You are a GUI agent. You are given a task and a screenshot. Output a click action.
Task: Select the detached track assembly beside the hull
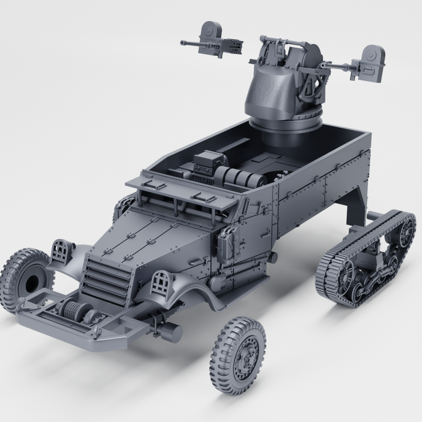click(366, 258)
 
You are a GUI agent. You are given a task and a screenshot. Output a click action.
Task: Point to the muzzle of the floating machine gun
click(183, 43)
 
